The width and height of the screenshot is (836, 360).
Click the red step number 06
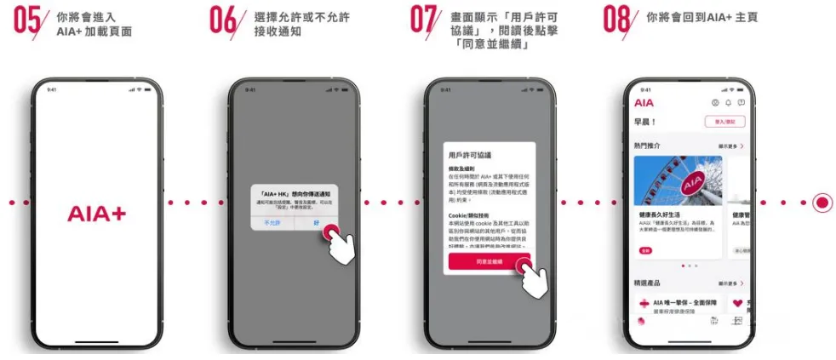pyautogui.click(x=223, y=21)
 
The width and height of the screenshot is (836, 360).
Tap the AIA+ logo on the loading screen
pyautogui.click(x=96, y=214)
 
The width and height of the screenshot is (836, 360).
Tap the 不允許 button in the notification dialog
pyautogui.click(x=272, y=223)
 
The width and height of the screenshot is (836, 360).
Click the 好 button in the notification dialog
pyautogui.click(x=316, y=223)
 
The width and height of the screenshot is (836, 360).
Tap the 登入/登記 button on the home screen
pyautogui.click(x=724, y=122)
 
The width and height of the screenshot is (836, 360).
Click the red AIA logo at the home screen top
pyautogui.click(x=644, y=103)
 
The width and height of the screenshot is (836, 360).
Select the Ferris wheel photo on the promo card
pyautogui.click(x=678, y=180)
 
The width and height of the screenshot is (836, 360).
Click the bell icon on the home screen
pyautogui.click(x=728, y=103)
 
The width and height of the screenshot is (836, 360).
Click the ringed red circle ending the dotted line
pyautogui.click(x=822, y=203)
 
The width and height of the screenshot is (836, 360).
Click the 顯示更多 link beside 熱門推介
pyautogui.click(x=730, y=146)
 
